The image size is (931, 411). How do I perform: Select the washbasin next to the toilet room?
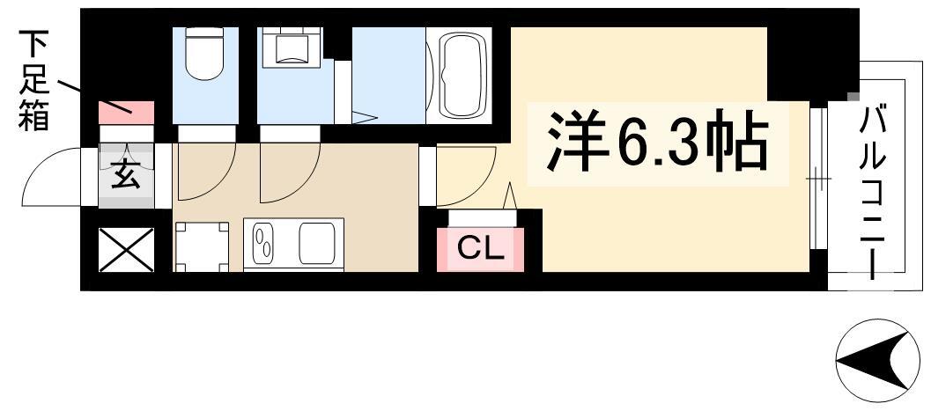291,47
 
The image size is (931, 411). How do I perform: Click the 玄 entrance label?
127,175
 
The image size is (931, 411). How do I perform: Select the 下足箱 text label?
33,80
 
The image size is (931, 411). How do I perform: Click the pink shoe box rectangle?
127,113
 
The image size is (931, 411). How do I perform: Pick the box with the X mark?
127,250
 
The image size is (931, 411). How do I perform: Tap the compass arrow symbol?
877,361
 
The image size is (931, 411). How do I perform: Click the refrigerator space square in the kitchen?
202,246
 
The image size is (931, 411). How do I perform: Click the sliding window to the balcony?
818,178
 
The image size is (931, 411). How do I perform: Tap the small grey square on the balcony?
853,97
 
